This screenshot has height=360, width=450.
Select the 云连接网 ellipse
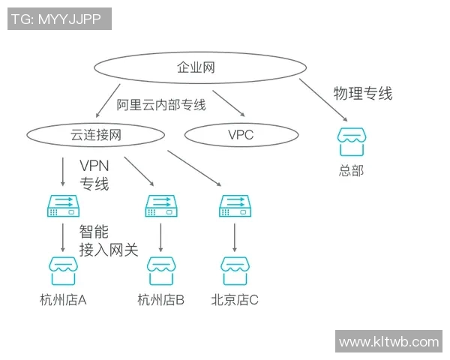coord(95,135)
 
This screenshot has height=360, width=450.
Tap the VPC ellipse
coord(241,135)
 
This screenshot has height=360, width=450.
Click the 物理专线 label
coord(362,94)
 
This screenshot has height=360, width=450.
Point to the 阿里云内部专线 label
coord(160,105)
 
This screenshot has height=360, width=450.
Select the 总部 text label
coord(350,170)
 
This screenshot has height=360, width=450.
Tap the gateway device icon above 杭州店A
coord(63,206)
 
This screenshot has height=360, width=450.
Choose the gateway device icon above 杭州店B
coord(161,206)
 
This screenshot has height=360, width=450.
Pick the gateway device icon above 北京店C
coord(235,206)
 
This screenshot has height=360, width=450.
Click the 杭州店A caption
coord(63,301)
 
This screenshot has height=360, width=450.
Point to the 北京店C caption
coord(235,301)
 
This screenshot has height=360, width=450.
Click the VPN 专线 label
coord(94,174)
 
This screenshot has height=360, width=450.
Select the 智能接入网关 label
coord(108,241)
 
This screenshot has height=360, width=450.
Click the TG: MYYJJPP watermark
coord(59,19)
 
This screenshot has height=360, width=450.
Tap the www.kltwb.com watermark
coord(388,342)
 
